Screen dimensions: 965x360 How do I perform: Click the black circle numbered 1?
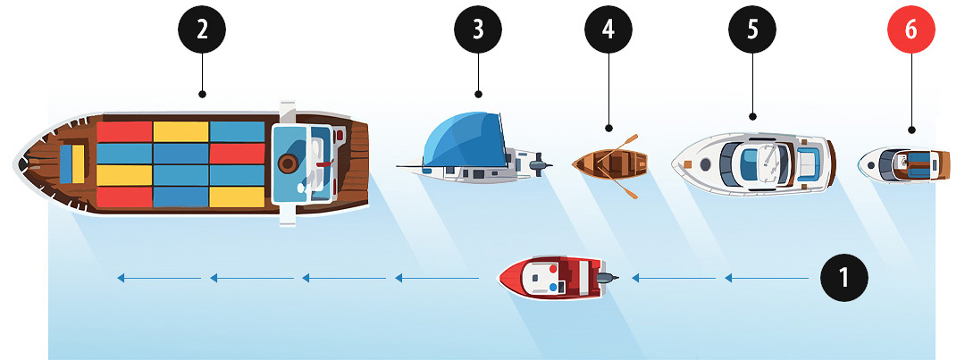pyautogui.click(x=844, y=278)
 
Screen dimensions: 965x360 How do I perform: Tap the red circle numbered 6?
pyautogui.click(x=910, y=30)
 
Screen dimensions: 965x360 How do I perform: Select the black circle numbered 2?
pyautogui.click(x=202, y=30)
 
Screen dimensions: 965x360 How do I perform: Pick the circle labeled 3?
pyautogui.click(x=478, y=30)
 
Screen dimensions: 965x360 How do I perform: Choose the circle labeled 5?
pyautogui.click(x=752, y=30)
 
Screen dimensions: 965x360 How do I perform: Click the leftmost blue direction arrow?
pyautogui.click(x=159, y=278)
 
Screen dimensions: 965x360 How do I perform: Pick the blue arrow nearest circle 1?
pyautogui.click(x=767, y=278)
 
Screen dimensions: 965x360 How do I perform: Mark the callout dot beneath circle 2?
pyautogui.click(x=202, y=95)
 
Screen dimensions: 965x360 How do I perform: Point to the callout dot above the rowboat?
pyautogui.click(x=608, y=129)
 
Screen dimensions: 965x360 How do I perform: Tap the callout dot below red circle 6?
pyautogui.click(x=911, y=130)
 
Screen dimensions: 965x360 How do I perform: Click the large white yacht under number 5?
pyautogui.click(x=753, y=164)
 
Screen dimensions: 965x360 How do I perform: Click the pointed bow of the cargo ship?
pyautogui.click(x=17, y=163)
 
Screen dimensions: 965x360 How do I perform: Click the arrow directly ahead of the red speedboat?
pyautogui.click(x=436, y=278)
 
